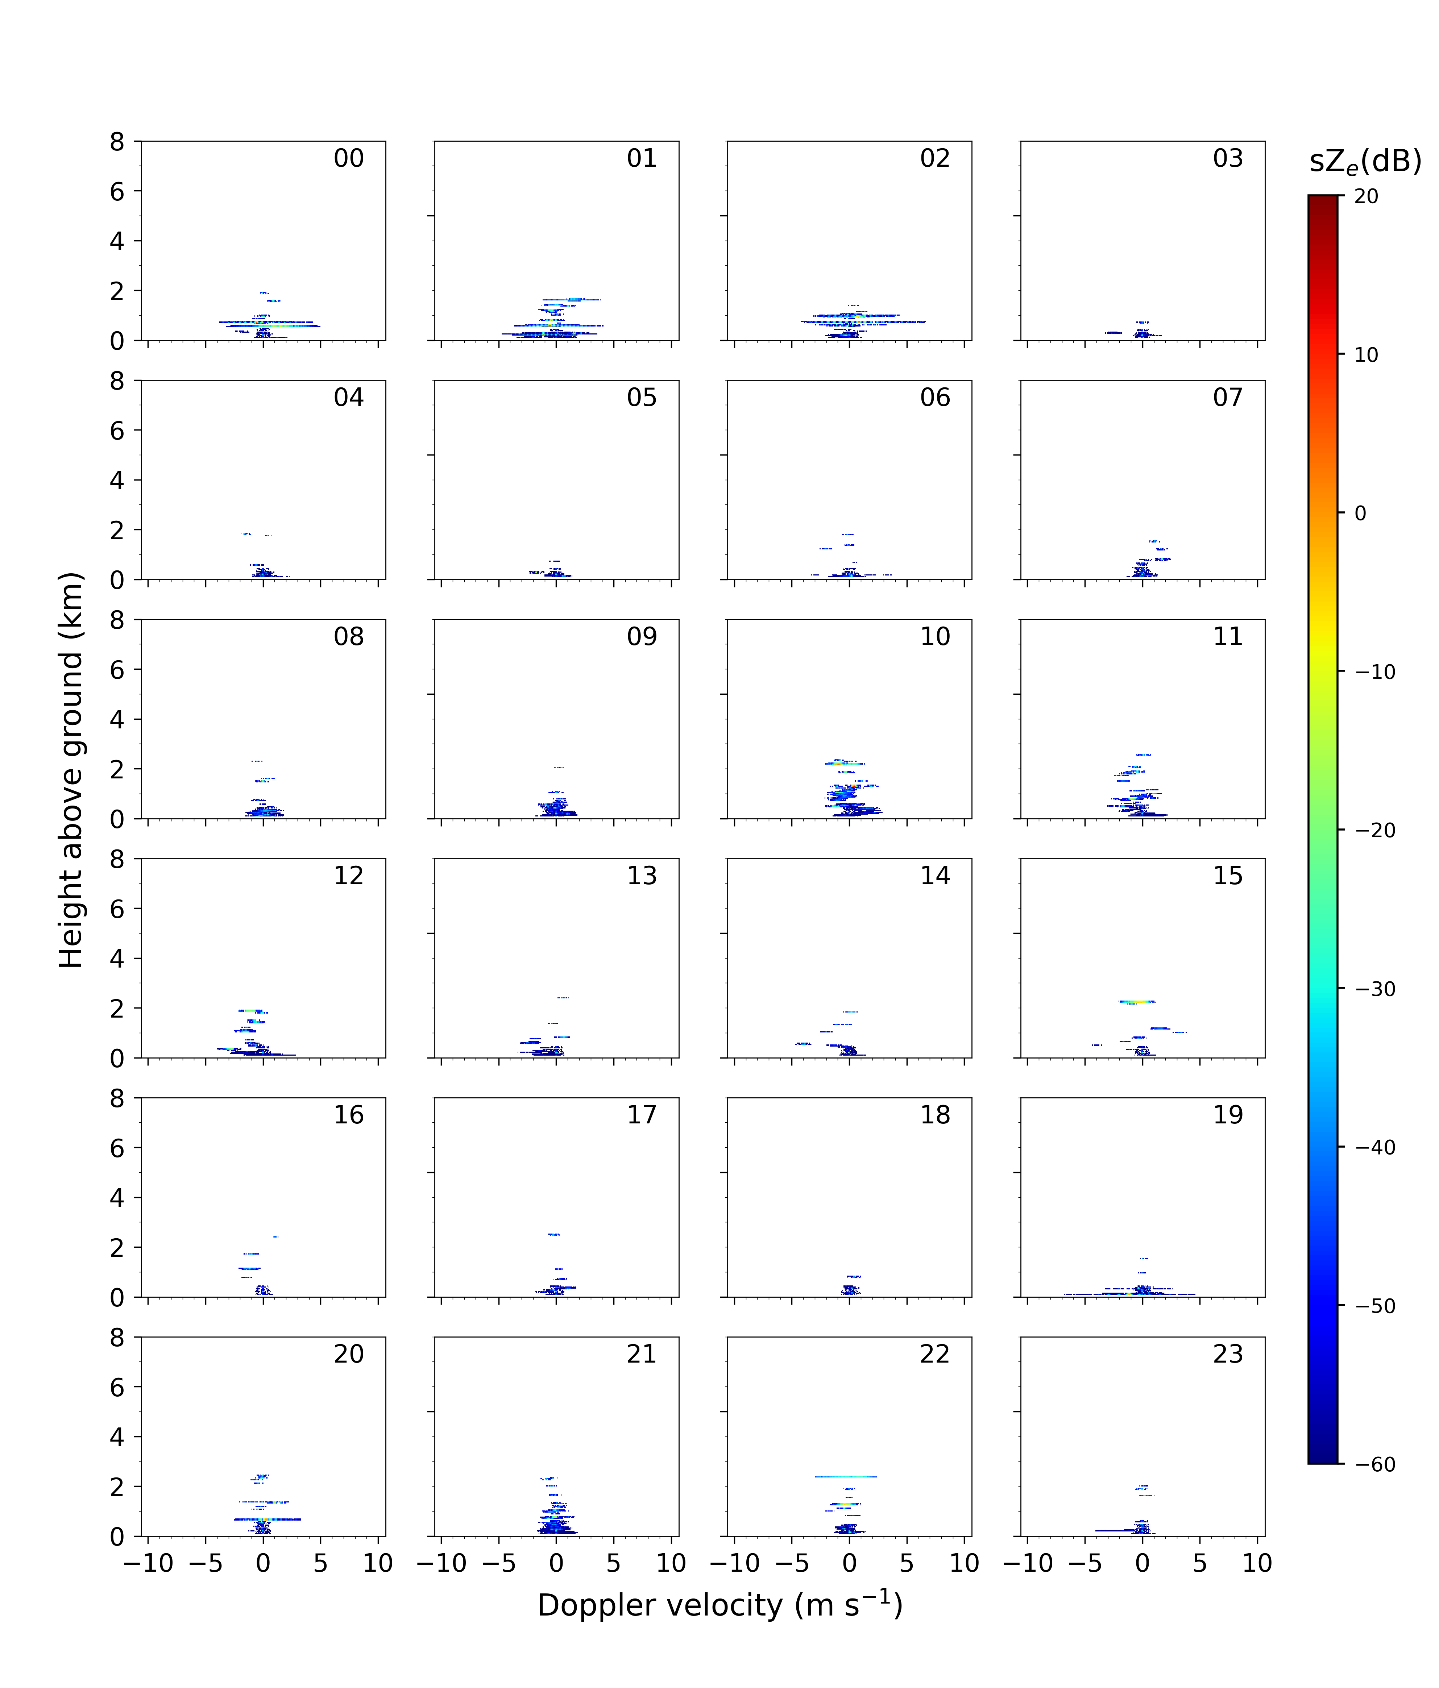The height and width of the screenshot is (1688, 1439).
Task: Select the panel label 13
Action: (641, 876)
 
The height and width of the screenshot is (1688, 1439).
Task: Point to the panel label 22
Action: (934, 1354)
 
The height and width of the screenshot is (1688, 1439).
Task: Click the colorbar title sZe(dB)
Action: (1365, 161)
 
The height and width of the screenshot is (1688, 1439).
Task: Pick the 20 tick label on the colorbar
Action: (1367, 196)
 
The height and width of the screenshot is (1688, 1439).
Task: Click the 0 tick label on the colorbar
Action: (1360, 513)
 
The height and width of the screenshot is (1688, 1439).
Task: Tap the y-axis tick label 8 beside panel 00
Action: (117, 142)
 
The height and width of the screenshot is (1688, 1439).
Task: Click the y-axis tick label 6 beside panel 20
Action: (117, 1387)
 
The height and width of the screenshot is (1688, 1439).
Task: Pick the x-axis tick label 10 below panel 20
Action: (378, 1563)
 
